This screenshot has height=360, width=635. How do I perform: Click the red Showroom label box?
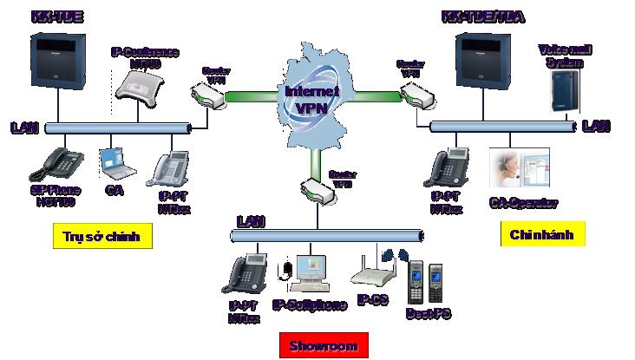(x=324, y=345)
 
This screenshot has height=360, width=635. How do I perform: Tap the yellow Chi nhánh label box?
(x=542, y=233)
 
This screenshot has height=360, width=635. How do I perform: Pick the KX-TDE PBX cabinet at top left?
(x=57, y=62)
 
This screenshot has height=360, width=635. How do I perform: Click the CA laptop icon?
(x=113, y=160)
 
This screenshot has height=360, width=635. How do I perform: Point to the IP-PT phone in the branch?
(x=447, y=167)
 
